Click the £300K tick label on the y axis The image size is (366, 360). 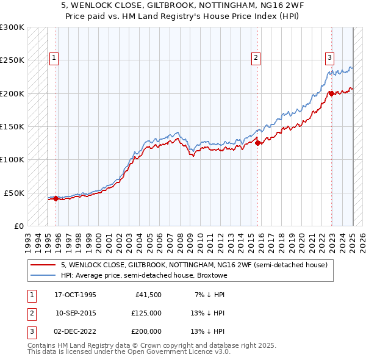pos(12,27)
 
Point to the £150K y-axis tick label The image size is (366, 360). pos(12,126)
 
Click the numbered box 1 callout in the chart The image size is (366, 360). pos(54,58)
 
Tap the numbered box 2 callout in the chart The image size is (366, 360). pos(256,58)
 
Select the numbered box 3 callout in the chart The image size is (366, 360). pos(329,58)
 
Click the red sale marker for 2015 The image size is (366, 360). pos(258,143)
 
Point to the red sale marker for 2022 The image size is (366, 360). pos(331,93)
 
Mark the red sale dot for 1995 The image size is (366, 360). pos(56,198)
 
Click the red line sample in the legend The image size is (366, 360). pos(43,265)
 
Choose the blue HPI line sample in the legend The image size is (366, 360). pos(43,275)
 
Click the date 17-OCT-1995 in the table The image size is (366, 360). pos(76,295)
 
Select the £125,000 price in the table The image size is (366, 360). pos(146,313)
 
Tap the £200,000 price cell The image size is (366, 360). pos(146,331)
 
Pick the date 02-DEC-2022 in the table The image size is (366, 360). pos(76,331)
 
